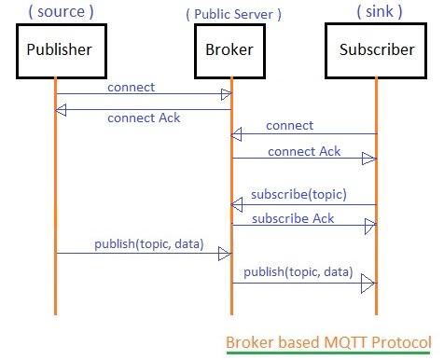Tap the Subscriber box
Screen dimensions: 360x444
(x=377, y=50)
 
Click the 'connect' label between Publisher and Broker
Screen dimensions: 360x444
(x=131, y=87)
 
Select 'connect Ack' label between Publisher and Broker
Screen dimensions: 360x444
(x=144, y=118)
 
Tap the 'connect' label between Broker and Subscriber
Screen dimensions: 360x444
(x=289, y=125)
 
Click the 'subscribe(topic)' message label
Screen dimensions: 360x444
(x=298, y=194)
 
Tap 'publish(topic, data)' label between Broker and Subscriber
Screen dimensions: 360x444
(x=298, y=272)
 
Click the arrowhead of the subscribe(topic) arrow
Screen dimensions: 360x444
(x=237, y=204)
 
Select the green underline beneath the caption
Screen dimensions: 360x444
(x=328, y=353)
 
